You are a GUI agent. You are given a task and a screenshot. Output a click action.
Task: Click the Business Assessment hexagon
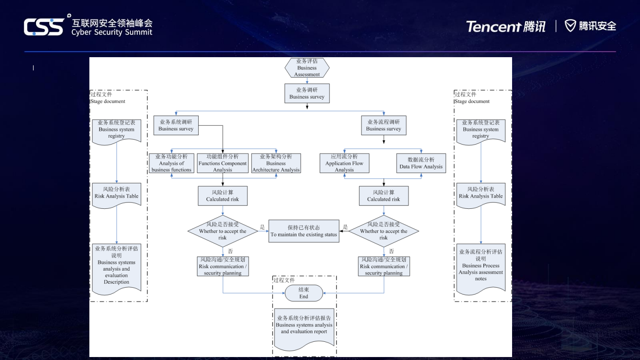(307, 68)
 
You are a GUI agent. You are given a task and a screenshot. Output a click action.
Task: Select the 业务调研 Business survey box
(307, 93)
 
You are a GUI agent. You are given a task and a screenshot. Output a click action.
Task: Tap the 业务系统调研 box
(176, 125)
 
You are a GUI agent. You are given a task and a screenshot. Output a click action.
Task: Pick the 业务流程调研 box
(384, 125)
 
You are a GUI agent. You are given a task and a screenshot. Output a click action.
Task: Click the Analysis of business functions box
(172, 163)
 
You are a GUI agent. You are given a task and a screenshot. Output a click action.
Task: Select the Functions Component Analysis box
(223, 163)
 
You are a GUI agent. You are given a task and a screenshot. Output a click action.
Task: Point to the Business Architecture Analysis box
(276, 163)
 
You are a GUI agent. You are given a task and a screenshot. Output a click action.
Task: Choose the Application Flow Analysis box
(344, 163)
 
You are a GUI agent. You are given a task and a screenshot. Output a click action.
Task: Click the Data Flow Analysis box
(421, 163)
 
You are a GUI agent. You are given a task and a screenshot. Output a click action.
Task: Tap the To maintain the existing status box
(304, 231)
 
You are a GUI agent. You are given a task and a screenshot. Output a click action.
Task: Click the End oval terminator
(304, 293)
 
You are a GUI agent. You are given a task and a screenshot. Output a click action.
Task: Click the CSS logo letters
(44, 27)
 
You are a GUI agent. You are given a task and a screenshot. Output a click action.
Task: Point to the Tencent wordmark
(493, 27)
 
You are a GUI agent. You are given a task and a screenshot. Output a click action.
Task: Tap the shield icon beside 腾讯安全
(571, 26)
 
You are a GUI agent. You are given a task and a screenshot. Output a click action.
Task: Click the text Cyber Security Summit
(112, 32)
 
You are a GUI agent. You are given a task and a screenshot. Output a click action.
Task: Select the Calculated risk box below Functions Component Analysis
(223, 196)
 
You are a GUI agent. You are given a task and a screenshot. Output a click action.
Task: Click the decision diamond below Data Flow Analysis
(384, 231)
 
